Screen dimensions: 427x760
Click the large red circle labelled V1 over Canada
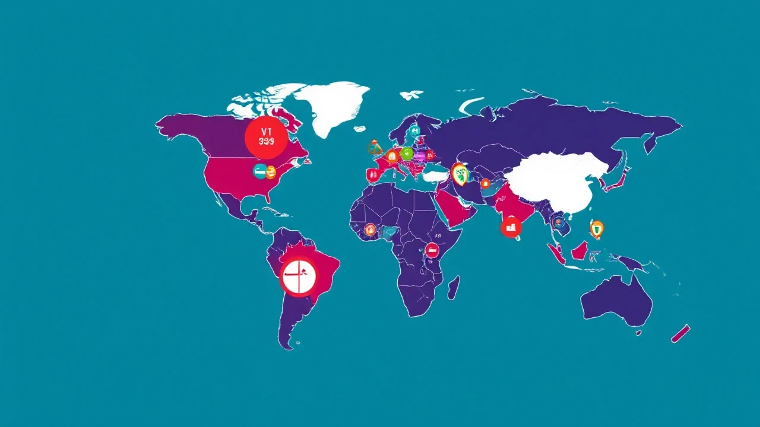click(266, 137)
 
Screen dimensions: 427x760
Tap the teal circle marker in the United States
click(259, 172)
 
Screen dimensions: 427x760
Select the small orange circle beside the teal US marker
click(271, 172)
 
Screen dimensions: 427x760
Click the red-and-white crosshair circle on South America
click(299, 276)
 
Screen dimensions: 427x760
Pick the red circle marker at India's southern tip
click(511, 227)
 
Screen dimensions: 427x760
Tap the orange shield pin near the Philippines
click(597, 228)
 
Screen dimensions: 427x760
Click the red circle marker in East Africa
click(432, 249)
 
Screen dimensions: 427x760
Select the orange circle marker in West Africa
click(370, 230)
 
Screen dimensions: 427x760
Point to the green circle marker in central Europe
click(407, 154)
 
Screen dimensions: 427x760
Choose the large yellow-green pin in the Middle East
click(459, 173)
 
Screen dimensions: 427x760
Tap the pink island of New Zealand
click(680, 333)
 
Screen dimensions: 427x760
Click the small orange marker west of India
click(485, 184)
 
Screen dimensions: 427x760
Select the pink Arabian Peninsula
click(454, 208)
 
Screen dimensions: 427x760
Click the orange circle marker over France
click(392, 157)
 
